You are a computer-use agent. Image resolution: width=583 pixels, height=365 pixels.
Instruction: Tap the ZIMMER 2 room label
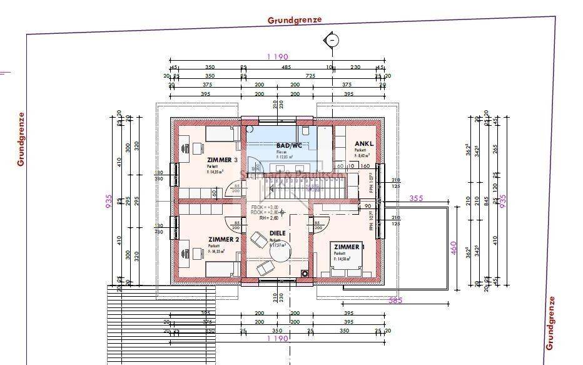click(223, 239)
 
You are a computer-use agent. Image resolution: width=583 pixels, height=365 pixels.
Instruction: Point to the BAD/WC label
click(290, 145)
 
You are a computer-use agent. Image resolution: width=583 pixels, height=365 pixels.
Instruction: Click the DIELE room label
click(277, 234)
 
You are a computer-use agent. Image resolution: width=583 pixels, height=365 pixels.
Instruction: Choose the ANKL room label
click(363, 144)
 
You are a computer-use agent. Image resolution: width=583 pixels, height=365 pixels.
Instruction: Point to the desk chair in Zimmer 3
click(186, 148)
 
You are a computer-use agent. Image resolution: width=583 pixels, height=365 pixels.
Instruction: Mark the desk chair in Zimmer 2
click(186, 252)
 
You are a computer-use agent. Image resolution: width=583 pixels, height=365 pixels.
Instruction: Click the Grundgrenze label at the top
click(295, 20)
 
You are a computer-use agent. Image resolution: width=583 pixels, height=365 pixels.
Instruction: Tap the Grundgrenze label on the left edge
click(21, 139)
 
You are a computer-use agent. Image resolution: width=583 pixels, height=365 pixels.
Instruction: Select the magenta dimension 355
click(417, 198)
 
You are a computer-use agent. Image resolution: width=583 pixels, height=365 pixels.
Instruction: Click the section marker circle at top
click(332, 41)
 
